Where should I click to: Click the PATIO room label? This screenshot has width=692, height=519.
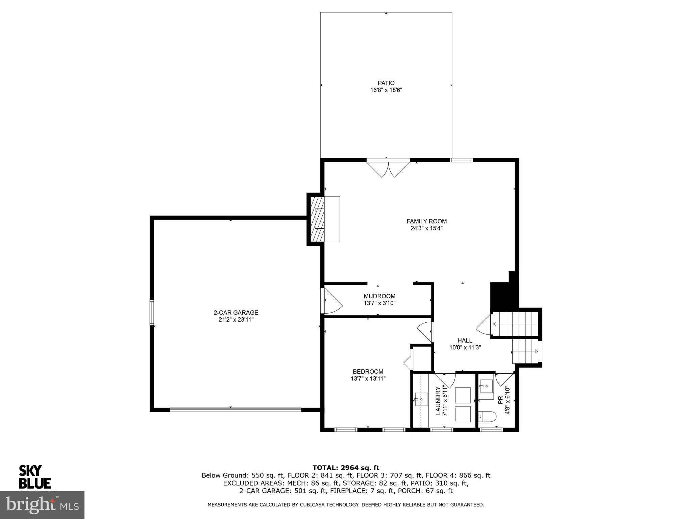(386, 83)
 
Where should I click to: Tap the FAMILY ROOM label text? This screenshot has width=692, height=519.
(426, 221)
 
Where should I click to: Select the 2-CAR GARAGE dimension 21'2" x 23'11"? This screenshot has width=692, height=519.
(236, 320)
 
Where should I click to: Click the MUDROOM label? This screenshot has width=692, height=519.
(379, 296)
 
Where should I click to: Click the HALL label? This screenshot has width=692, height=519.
(465, 340)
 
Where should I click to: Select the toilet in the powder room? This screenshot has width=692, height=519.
(487, 417)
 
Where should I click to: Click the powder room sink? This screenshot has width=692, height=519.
(486, 386)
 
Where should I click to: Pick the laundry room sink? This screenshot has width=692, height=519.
(421, 399)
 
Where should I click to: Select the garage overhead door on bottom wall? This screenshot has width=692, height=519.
(235, 410)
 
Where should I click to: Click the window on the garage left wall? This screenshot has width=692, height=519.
(152, 312)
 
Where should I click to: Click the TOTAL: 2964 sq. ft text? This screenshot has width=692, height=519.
(346, 468)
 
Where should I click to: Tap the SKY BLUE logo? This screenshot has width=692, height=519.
(34, 477)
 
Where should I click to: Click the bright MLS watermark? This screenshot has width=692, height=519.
(42, 505)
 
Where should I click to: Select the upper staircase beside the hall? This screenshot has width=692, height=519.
(515, 324)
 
